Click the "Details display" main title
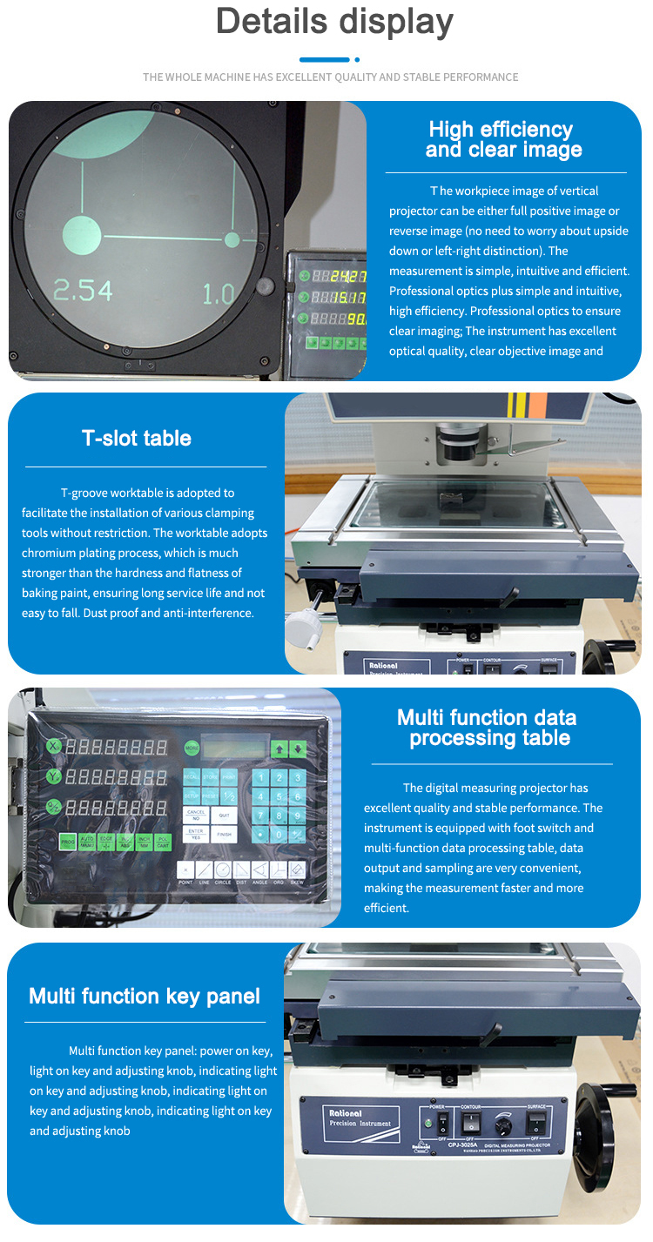point(334,22)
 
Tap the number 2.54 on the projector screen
point(83,291)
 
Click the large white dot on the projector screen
point(81,233)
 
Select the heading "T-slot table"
point(137,438)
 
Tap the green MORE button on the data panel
point(191,748)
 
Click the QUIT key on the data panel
point(224,816)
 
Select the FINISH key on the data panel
point(224,834)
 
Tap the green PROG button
point(68,842)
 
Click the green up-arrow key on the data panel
point(279,748)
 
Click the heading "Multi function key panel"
point(145,997)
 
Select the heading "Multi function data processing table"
point(488,728)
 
